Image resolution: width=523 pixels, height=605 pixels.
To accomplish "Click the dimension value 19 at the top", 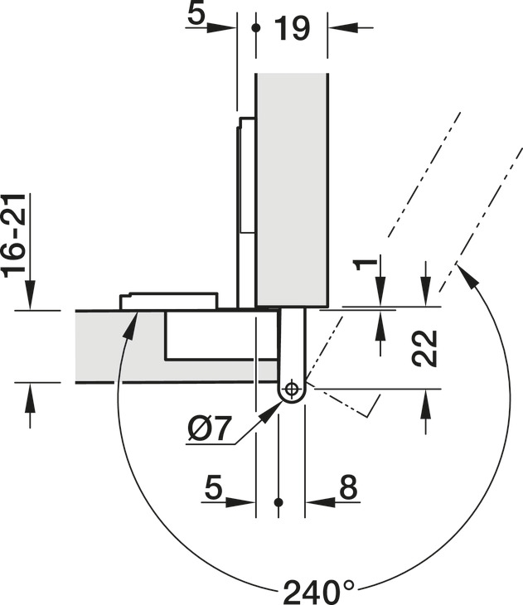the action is (x=292, y=28).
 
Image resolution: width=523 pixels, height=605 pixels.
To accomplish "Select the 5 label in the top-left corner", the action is (x=196, y=14).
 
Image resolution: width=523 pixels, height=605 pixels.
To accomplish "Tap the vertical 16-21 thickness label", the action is (x=15, y=235).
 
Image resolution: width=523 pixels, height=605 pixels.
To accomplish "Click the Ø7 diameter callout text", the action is (x=210, y=428).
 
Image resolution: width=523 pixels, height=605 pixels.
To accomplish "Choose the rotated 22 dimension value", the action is (x=424, y=348).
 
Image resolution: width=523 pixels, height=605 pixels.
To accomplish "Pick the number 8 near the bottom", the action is (x=348, y=486).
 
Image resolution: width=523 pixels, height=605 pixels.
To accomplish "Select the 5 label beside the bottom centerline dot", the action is (x=214, y=486).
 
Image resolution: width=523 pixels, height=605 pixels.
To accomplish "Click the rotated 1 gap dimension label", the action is (x=365, y=264).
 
